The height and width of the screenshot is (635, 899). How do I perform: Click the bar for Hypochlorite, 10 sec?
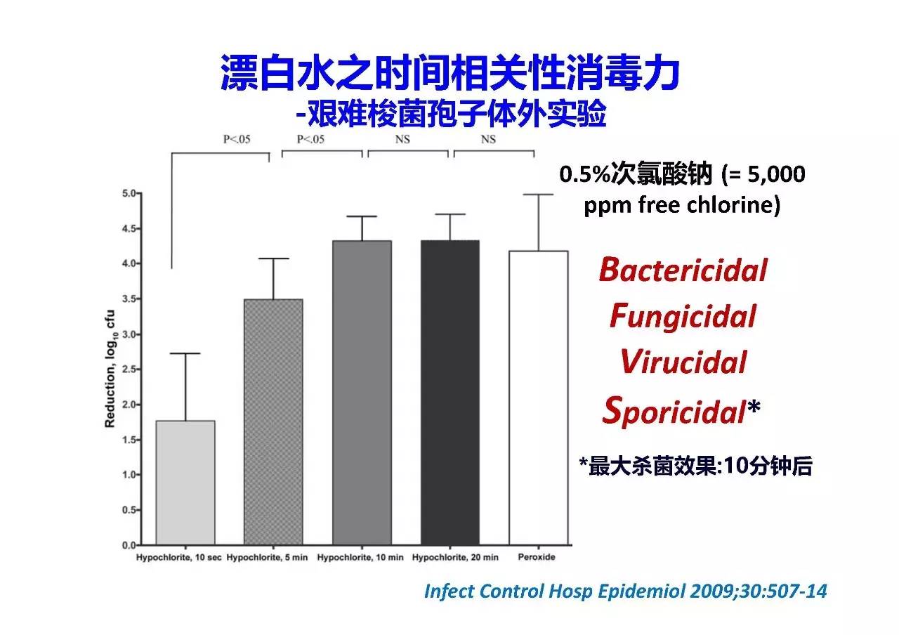185,483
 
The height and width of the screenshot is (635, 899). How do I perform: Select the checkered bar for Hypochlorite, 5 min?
273,422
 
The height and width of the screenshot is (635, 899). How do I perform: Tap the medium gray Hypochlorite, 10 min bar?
362,393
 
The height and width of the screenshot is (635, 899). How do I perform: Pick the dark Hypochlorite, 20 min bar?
450,393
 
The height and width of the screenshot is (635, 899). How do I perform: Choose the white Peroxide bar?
539,398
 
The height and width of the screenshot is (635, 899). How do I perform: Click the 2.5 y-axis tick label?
129,369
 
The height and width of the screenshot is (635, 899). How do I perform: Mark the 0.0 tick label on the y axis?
129,545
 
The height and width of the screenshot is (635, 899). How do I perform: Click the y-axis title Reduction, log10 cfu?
110,369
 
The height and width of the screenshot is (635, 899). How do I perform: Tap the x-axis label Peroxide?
537,557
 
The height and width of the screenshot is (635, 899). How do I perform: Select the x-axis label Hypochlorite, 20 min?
455,558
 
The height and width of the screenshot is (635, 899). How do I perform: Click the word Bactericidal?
683,270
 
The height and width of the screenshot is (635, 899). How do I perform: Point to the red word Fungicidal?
683,317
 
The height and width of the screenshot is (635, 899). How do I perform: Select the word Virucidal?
683,362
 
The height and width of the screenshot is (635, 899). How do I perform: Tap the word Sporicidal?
674,411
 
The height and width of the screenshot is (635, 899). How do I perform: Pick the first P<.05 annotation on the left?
237,139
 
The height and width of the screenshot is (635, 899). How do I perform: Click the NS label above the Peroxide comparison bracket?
488,139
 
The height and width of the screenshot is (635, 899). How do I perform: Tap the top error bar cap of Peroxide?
538,195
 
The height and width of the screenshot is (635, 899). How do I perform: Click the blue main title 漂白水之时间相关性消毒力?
450,72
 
